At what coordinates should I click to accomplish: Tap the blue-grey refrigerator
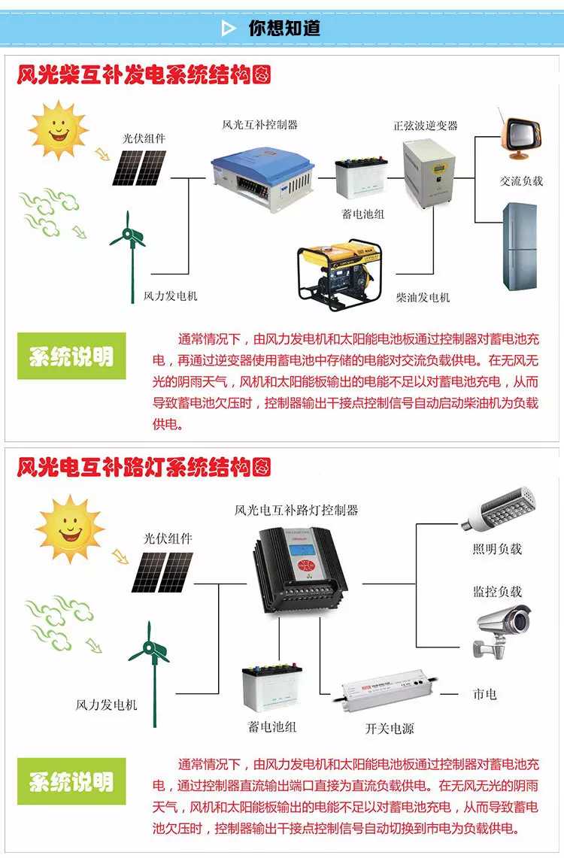pos(520,246)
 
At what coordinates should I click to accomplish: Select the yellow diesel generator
pos(340,274)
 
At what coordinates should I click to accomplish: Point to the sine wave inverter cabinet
pos(429,173)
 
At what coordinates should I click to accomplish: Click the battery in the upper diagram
pos(361,177)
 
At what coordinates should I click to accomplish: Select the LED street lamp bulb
pos(498,509)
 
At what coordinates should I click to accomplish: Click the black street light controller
pos(300,569)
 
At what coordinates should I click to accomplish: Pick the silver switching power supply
pos(388,690)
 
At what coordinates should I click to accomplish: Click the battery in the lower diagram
pos(272,687)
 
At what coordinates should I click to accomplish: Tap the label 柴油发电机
pos(423,297)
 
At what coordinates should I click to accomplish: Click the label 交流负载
pos(521,181)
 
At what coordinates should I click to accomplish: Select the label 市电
pos(485,694)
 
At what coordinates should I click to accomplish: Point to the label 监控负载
pos(497,591)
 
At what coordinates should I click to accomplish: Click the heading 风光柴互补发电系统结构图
pos(144,74)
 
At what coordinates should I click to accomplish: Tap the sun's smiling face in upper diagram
pos(58,129)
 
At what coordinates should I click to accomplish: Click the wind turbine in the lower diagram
pos(150,674)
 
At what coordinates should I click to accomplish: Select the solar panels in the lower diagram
pos(162,572)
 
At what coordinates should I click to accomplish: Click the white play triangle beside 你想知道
pos(228,28)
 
